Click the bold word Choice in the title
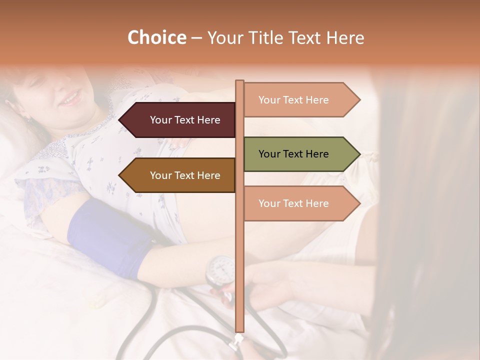click(156, 38)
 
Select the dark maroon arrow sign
click(177, 120)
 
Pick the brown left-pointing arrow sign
click(177, 175)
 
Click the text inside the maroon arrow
click(185, 120)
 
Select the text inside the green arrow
click(293, 154)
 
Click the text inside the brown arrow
click(185, 175)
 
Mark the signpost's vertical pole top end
click(239, 82)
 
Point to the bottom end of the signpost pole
click(239, 330)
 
